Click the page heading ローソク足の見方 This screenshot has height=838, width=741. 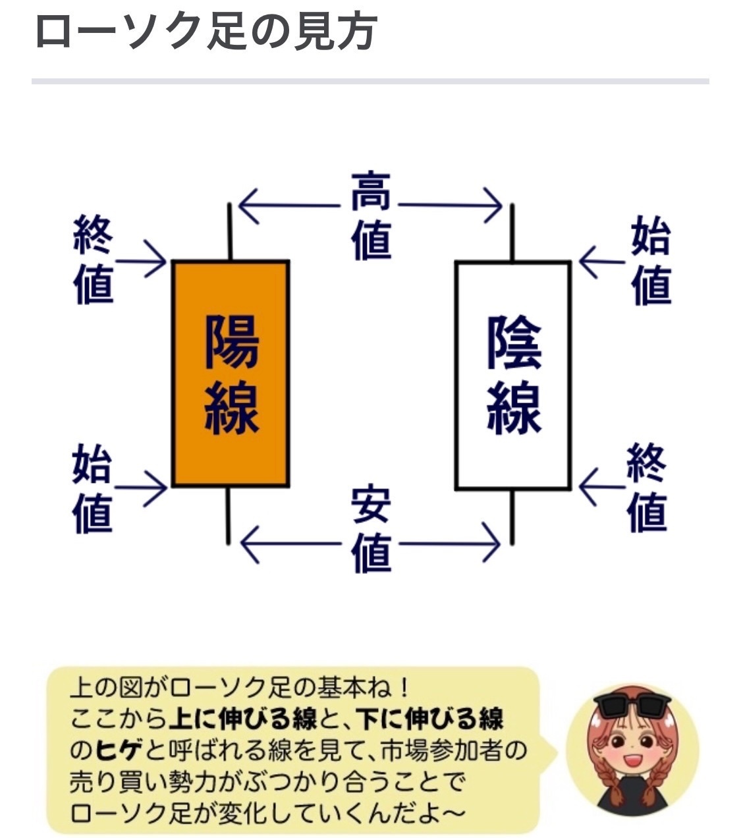pyautogui.click(x=205, y=31)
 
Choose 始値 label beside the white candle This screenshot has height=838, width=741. pyautogui.click(x=651, y=262)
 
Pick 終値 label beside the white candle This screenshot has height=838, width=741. pyautogui.click(x=647, y=488)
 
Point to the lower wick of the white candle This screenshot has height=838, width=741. pyautogui.click(x=512, y=517)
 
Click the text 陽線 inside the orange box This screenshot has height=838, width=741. pyautogui.click(x=231, y=374)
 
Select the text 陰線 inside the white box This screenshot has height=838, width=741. pyautogui.click(x=514, y=374)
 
